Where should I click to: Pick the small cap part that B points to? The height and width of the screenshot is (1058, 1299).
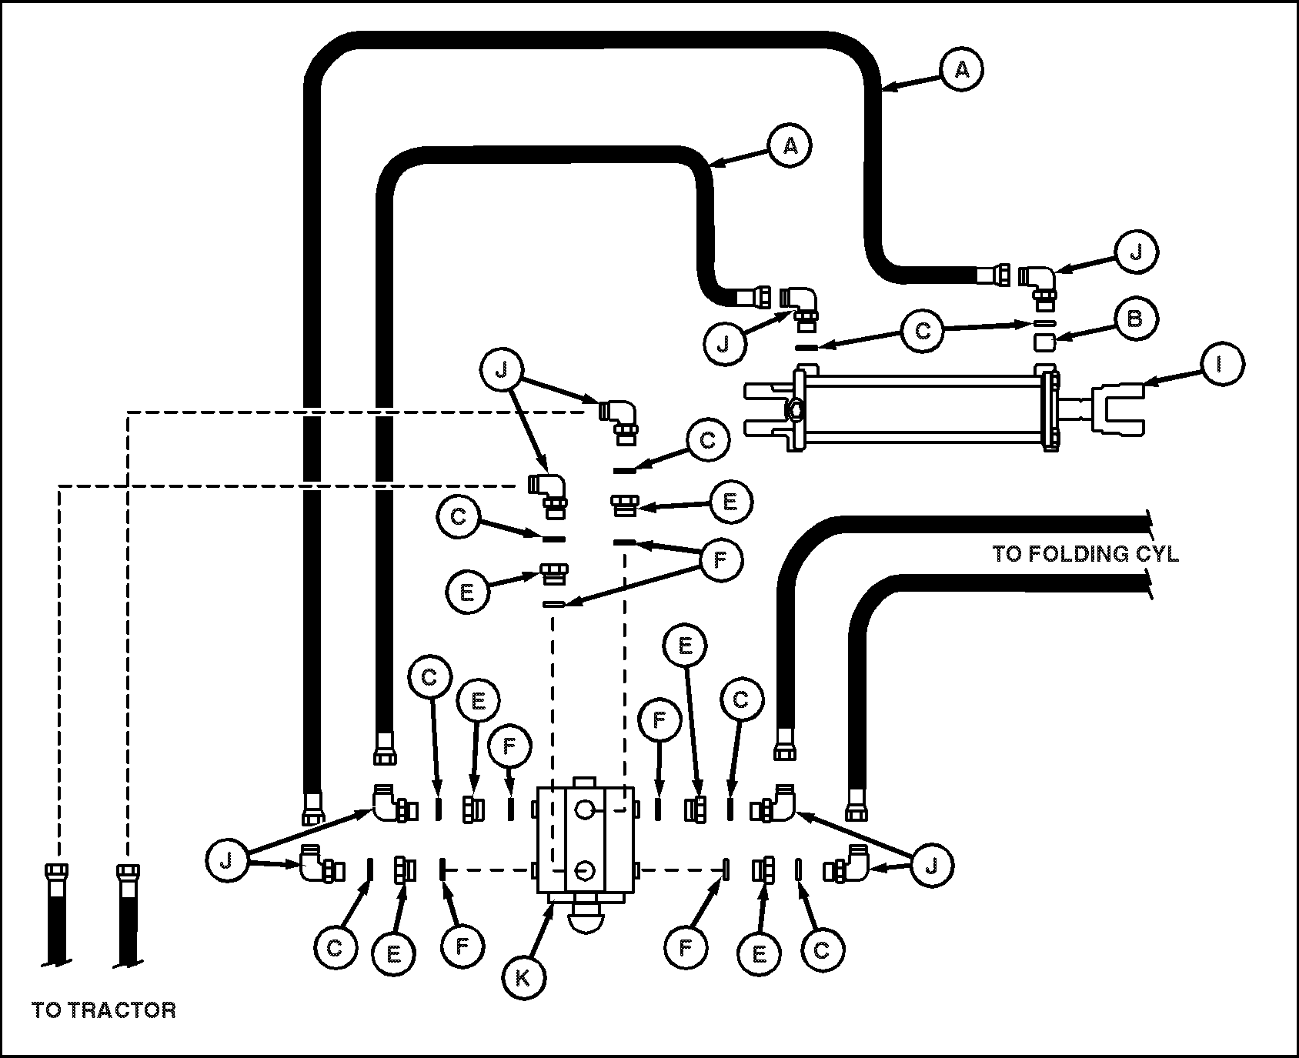[x=1044, y=341]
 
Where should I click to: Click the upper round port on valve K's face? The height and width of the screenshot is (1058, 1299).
[x=584, y=809]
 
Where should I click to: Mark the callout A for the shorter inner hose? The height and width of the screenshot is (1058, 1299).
[x=790, y=145]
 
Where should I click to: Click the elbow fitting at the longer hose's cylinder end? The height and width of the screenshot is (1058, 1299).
[x=1038, y=281]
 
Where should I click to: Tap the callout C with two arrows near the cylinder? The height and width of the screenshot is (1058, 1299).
[x=923, y=331]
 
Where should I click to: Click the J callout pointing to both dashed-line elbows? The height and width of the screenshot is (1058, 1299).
[x=502, y=371]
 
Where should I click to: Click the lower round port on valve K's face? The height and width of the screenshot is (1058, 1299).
[x=584, y=869]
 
